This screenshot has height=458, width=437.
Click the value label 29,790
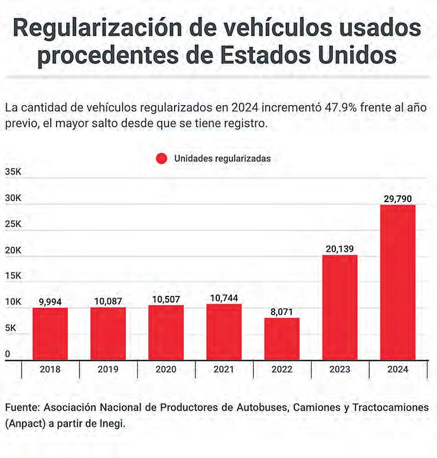397,198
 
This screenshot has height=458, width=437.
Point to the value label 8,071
282,311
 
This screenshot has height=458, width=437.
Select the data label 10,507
166,299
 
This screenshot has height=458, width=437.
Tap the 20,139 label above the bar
339,249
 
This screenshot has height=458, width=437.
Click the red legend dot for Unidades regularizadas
162,158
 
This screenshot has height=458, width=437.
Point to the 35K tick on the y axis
13,172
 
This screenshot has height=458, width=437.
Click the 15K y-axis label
13,276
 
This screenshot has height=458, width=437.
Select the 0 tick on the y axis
7,354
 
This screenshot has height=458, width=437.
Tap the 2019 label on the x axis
108,369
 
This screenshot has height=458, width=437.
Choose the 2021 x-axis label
224,369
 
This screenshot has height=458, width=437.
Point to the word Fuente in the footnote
22,407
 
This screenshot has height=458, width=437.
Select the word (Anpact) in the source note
27,424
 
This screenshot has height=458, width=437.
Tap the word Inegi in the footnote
111,424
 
